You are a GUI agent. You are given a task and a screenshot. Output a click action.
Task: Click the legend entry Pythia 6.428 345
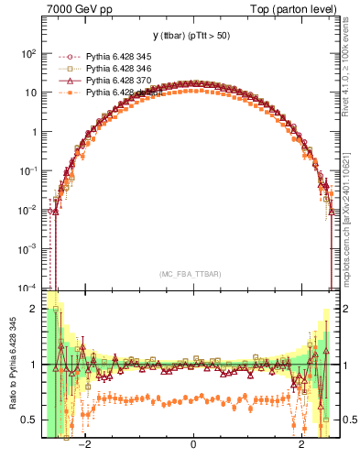102,56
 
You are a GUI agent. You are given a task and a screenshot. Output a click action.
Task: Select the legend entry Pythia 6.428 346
102,69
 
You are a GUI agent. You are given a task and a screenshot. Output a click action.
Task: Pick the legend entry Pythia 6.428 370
102,81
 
